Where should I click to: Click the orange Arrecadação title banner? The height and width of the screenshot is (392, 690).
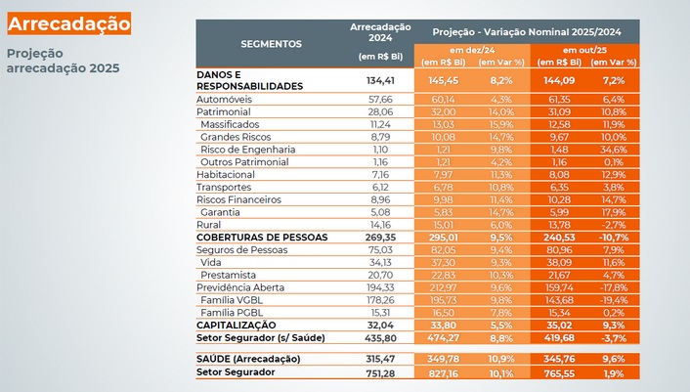click(67, 22)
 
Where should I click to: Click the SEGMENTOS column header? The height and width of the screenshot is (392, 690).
click(271, 44)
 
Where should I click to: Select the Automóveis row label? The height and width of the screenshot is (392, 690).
click(226, 100)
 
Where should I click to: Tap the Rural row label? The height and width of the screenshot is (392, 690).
click(210, 224)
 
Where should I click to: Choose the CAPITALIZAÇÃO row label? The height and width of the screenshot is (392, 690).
click(237, 324)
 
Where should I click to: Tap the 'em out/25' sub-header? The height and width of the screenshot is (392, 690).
click(584, 49)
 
